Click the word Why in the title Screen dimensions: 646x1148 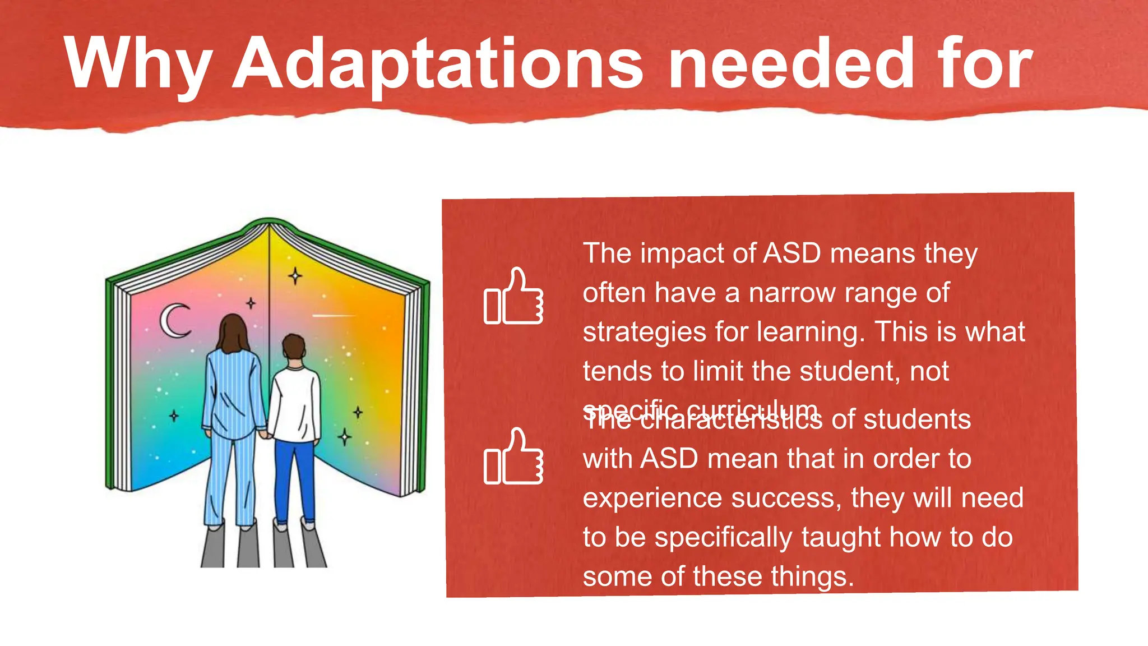[x=138, y=63]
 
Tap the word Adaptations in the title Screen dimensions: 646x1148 [x=437, y=63]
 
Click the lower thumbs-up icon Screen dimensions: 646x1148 [x=513, y=456]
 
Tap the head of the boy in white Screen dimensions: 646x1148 [x=294, y=348]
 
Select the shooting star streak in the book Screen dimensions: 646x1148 [x=333, y=316]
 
